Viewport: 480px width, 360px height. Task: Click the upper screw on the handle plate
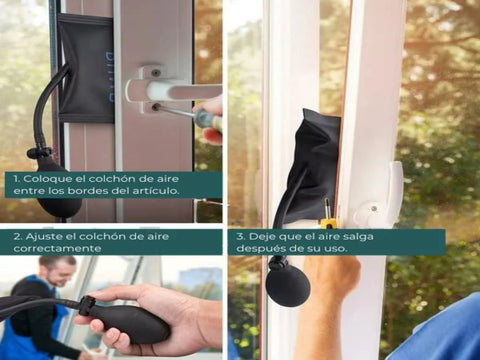coord(155,72)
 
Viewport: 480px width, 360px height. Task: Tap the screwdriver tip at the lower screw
coord(158,107)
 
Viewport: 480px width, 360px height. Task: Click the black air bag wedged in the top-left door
coord(87,68)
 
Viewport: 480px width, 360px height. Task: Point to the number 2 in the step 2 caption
coord(17,237)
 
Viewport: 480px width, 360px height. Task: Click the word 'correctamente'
coord(57,249)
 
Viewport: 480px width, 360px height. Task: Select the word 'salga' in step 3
coord(358,237)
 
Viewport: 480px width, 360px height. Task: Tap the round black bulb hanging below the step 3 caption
coord(288,288)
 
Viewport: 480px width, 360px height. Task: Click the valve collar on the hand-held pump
coord(86,306)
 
